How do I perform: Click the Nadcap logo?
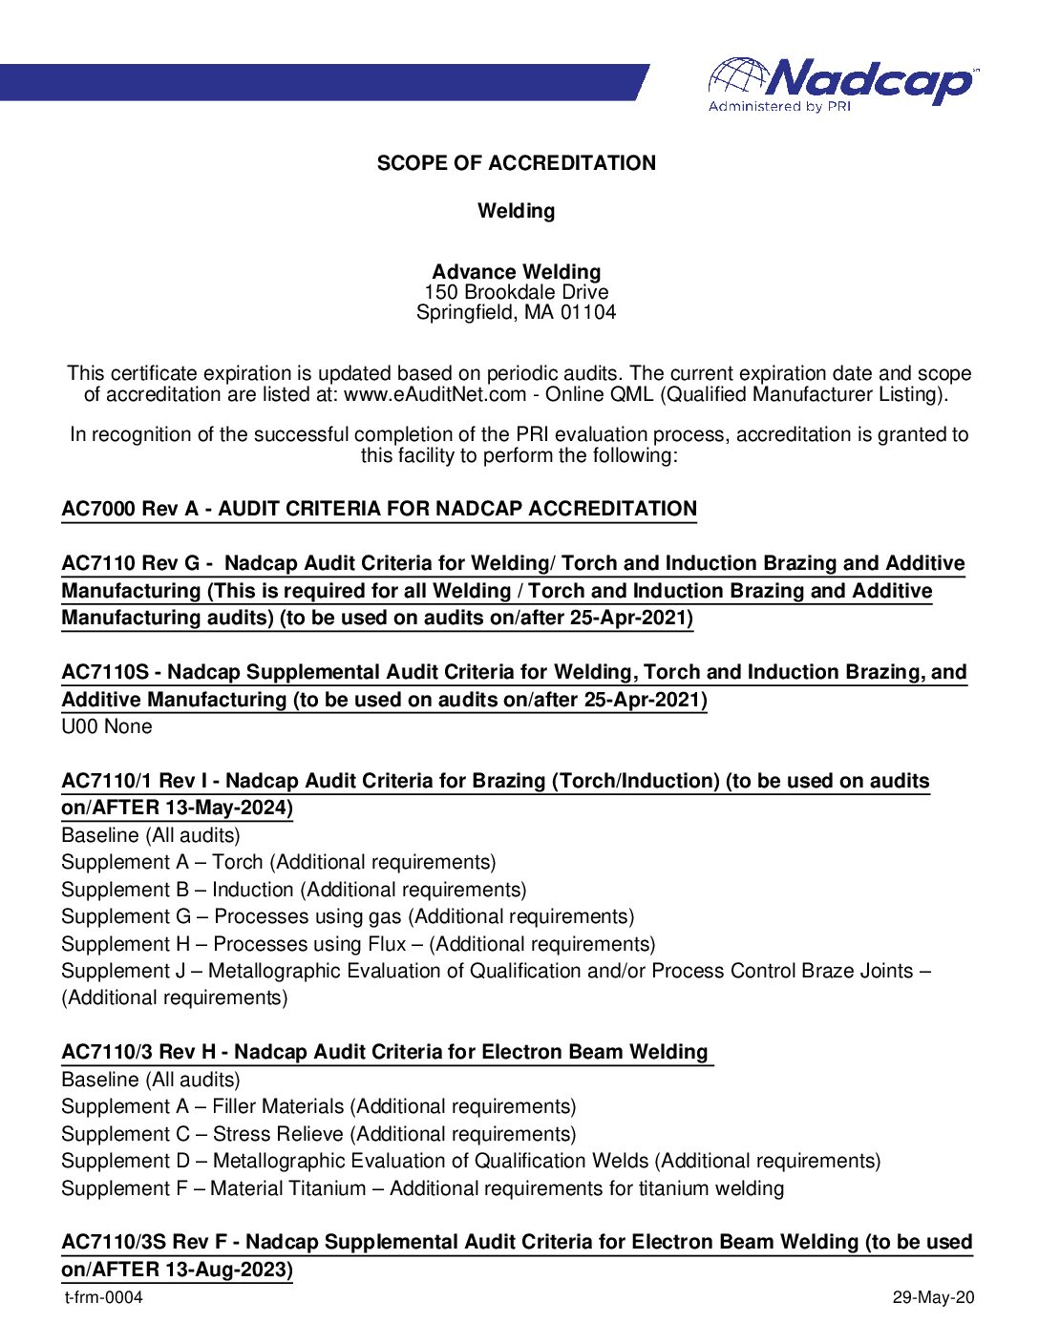842,84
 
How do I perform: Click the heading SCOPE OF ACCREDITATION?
516,163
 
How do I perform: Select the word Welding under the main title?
516,211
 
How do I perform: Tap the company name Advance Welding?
516,272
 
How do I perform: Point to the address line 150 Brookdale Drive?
516,292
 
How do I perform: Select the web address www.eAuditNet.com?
435,395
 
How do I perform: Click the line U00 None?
106,726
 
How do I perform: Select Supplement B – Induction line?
293,890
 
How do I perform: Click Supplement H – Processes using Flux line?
358,944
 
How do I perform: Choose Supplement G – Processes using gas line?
348,917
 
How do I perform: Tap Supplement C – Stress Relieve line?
318,1134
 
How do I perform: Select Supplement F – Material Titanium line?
422,1188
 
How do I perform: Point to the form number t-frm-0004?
103,1297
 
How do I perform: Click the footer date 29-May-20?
933,1297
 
